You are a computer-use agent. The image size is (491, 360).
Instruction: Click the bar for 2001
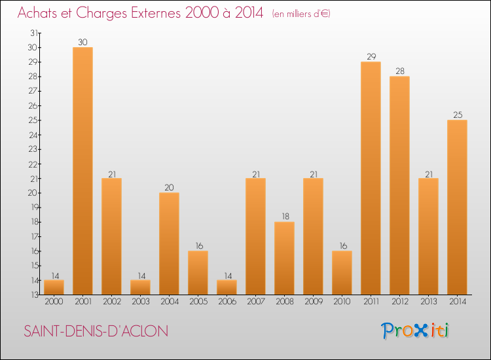click(x=82, y=171)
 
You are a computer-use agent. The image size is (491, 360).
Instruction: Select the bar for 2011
click(x=371, y=178)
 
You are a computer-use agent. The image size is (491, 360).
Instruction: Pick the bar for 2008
click(x=284, y=258)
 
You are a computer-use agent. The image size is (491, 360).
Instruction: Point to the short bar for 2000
click(x=54, y=287)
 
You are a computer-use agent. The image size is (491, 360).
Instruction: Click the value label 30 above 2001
click(x=82, y=42)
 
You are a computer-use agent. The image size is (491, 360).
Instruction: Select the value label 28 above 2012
click(x=399, y=71)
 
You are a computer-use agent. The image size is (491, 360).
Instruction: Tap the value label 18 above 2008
click(x=284, y=216)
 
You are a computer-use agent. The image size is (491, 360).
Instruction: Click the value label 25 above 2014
click(x=457, y=115)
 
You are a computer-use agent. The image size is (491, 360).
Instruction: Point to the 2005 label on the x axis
click(x=198, y=302)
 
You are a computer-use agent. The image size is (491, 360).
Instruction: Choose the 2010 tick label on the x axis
click(x=342, y=302)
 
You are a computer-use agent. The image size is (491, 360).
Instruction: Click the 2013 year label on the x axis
click(x=428, y=302)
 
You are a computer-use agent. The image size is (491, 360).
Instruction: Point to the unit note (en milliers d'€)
click(x=300, y=14)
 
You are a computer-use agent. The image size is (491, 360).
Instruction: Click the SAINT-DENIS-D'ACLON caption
click(x=96, y=331)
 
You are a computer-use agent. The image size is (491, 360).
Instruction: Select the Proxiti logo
click(x=414, y=331)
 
